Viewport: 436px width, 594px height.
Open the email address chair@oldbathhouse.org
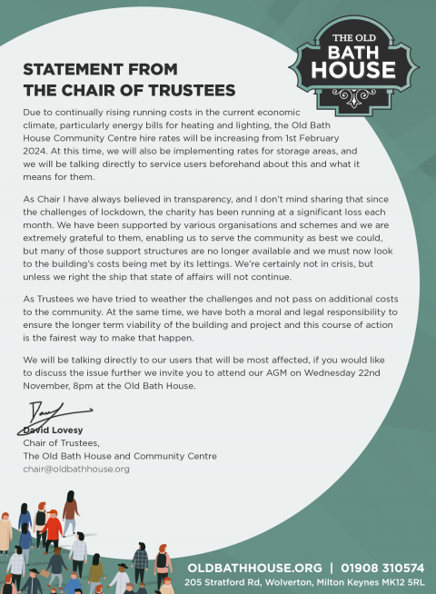[76, 469]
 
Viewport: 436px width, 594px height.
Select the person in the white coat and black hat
[121, 577]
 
